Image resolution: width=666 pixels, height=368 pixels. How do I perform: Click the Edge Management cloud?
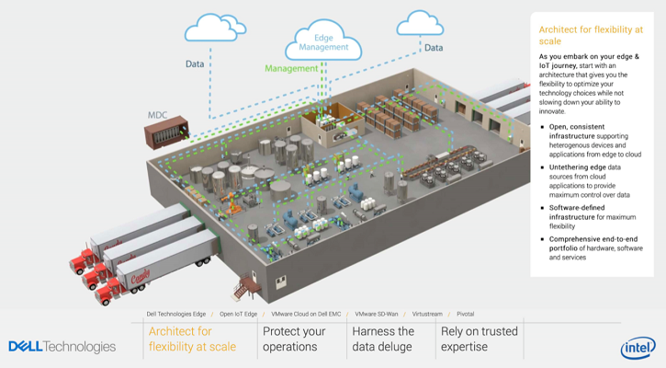pos(323,41)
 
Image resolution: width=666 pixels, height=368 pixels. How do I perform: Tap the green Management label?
pos(291,68)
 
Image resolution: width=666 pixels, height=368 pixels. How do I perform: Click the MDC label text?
pos(158,115)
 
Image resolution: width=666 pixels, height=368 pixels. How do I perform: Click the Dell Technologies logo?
pos(62,347)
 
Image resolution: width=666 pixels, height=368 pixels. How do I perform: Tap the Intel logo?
pos(638,348)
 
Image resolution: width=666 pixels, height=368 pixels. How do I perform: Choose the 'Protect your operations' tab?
pos(294,339)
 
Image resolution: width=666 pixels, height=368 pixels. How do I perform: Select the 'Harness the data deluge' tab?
pos(383,339)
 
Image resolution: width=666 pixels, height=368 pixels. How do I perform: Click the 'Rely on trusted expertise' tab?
pos(479,339)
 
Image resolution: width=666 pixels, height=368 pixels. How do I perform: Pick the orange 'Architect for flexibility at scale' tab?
pos(192,339)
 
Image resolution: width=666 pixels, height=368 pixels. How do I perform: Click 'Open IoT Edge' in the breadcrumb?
pos(238,314)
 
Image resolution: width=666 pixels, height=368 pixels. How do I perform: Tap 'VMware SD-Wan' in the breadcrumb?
pos(377,314)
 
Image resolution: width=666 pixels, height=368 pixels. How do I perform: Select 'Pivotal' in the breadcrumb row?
pos(465,314)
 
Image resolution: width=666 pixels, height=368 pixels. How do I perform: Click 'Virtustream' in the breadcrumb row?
pos(427,314)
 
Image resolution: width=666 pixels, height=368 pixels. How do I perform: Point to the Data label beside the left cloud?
pos(195,64)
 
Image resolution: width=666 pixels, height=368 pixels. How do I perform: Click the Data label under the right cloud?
pos(434,48)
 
